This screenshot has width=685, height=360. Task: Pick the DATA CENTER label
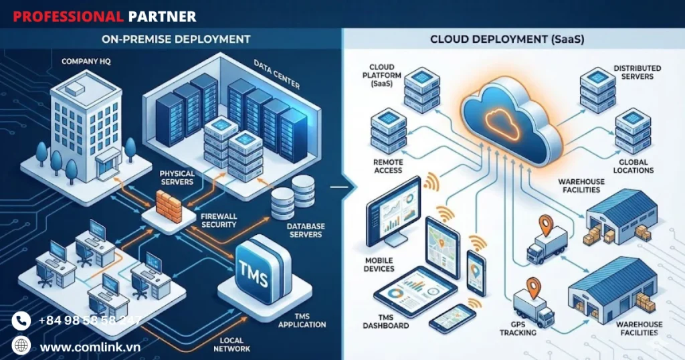tap(276, 74)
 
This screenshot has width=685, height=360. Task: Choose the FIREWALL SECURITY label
tap(219, 221)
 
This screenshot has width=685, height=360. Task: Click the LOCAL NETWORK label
tap(231, 344)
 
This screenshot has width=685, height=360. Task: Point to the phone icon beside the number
tap(21, 321)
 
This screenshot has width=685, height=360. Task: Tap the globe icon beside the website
tap(21, 346)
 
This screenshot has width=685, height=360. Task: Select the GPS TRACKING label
tap(518, 329)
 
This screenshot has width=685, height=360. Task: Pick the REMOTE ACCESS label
tap(388, 166)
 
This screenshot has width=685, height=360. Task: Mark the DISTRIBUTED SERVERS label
tap(637, 72)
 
